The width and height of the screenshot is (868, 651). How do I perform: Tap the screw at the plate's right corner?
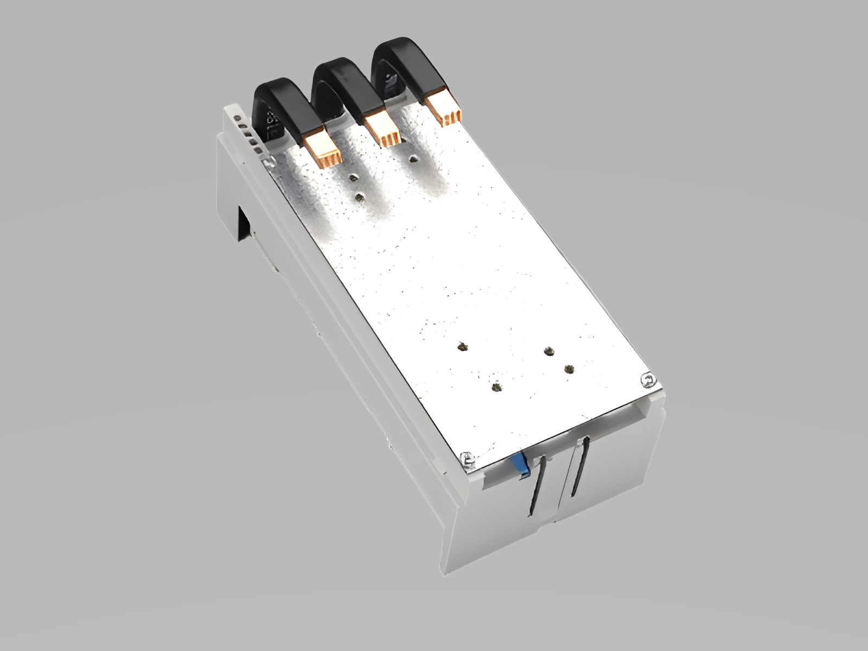coord(646,381)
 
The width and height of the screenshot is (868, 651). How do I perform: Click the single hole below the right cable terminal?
coord(414,159)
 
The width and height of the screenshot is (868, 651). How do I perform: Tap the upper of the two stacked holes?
coord(354,178)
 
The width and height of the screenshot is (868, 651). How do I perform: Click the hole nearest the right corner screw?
coord(569,369)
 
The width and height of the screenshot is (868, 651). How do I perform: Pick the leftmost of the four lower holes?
coord(462,346)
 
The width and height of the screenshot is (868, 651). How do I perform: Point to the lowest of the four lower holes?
coord(496,387)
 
